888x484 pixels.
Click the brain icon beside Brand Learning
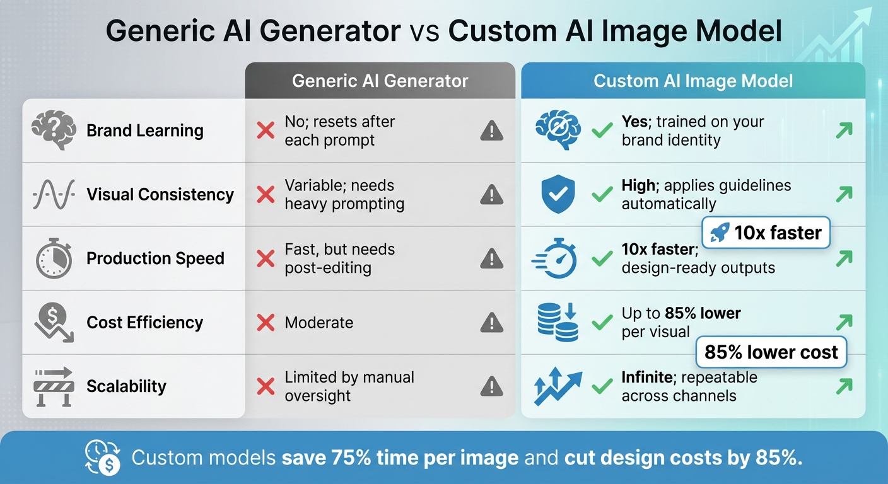[54, 130]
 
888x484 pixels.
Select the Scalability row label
[126, 386]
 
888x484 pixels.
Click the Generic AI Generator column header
[380, 81]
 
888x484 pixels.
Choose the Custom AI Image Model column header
[693, 81]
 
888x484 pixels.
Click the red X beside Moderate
[266, 323]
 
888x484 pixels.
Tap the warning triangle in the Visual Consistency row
[491, 195]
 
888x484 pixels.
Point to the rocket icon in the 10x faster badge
[720, 233]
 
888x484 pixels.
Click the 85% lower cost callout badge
[771, 352]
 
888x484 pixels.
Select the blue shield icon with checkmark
[558, 194]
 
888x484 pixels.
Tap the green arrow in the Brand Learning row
[843, 130]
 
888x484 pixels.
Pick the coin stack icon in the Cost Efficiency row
[558, 323]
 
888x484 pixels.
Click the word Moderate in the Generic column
[318, 323]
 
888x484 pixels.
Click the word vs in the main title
[424, 31]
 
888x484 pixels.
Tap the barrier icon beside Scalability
[54, 386]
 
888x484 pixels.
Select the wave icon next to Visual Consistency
[54, 195]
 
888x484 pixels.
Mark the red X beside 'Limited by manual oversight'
[266, 386]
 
